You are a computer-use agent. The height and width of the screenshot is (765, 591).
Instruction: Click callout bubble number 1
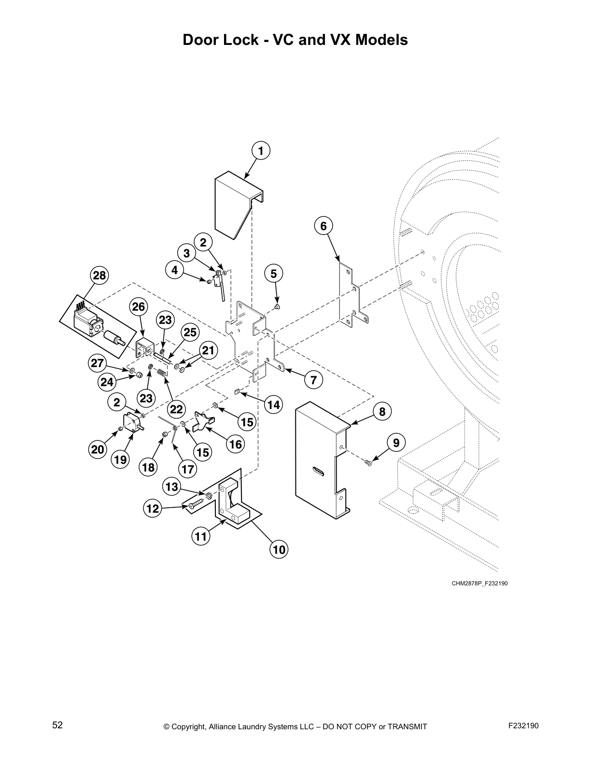pyautogui.click(x=261, y=151)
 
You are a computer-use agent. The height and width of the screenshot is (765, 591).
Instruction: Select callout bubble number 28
pyautogui.click(x=99, y=276)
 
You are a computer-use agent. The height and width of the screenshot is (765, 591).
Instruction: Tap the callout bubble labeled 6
pyautogui.click(x=324, y=226)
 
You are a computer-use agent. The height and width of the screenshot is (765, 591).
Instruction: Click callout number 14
pyautogui.click(x=274, y=405)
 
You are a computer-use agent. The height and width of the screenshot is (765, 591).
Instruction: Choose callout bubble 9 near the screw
pyautogui.click(x=396, y=442)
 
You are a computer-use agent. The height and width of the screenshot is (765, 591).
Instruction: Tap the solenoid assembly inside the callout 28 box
pyautogui.click(x=97, y=325)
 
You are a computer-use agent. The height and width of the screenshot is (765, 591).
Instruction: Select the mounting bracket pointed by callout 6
pyautogui.click(x=351, y=295)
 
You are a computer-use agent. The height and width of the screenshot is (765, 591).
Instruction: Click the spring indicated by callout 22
pyautogui.click(x=163, y=373)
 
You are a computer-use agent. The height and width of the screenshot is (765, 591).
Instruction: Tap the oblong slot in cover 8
pyautogui.click(x=319, y=472)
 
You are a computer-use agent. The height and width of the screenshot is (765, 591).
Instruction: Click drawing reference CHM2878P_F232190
pyautogui.click(x=479, y=583)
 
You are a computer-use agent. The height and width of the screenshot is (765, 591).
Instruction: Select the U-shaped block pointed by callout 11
pyautogui.click(x=233, y=505)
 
